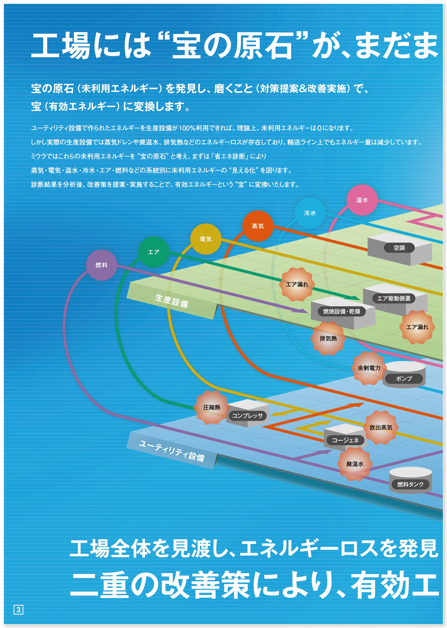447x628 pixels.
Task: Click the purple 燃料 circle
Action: (x=102, y=265)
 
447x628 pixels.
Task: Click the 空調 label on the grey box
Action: (x=399, y=248)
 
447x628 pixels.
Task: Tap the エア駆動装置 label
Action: (x=394, y=298)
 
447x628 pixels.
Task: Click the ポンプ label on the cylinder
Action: (x=404, y=378)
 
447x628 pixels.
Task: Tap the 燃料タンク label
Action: (x=410, y=484)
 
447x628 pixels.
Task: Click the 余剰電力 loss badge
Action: (x=369, y=368)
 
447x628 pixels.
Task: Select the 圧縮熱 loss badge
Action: (x=212, y=407)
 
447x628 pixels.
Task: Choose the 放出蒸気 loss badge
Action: (x=381, y=427)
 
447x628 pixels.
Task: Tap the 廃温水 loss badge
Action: (x=355, y=464)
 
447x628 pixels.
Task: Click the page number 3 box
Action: (x=18, y=610)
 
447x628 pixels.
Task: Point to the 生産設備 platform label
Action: (x=172, y=301)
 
